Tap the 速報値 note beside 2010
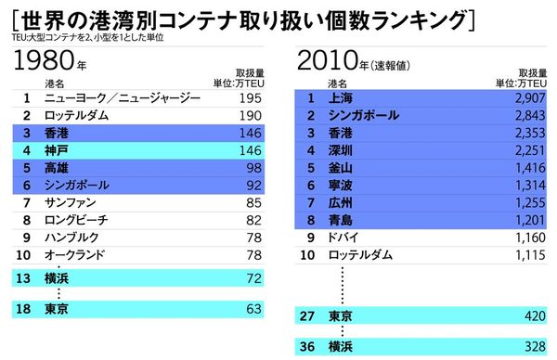391,66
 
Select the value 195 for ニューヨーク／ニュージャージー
251,97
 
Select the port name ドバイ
344,238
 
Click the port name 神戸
57,150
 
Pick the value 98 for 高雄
253,168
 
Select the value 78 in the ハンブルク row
253,238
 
